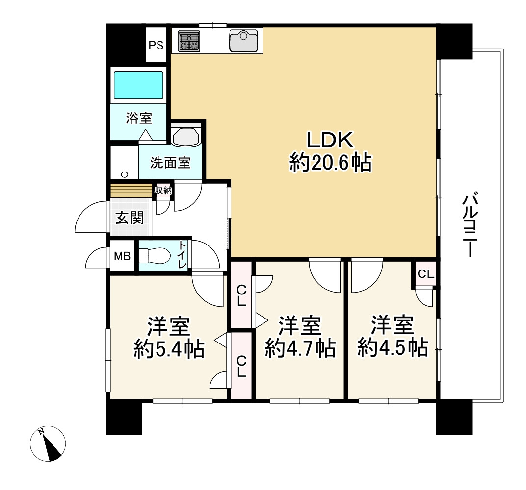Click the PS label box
click(x=156, y=46)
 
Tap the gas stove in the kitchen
click(x=189, y=41)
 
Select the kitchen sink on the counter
click(x=243, y=41)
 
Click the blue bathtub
click(x=138, y=85)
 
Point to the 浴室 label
click(x=138, y=118)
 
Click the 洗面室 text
click(x=170, y=163)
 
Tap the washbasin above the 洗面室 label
click(x=185, y=135)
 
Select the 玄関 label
click(x=130, y=218)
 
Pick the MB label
click(x=122, y=256)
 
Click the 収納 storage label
click(x=163, y=190)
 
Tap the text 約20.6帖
click(x=330, y=162)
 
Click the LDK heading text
click(x=330, y=140)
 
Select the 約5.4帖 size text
click(x=169, y=349)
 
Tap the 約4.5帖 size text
click(x=392, y=348)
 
